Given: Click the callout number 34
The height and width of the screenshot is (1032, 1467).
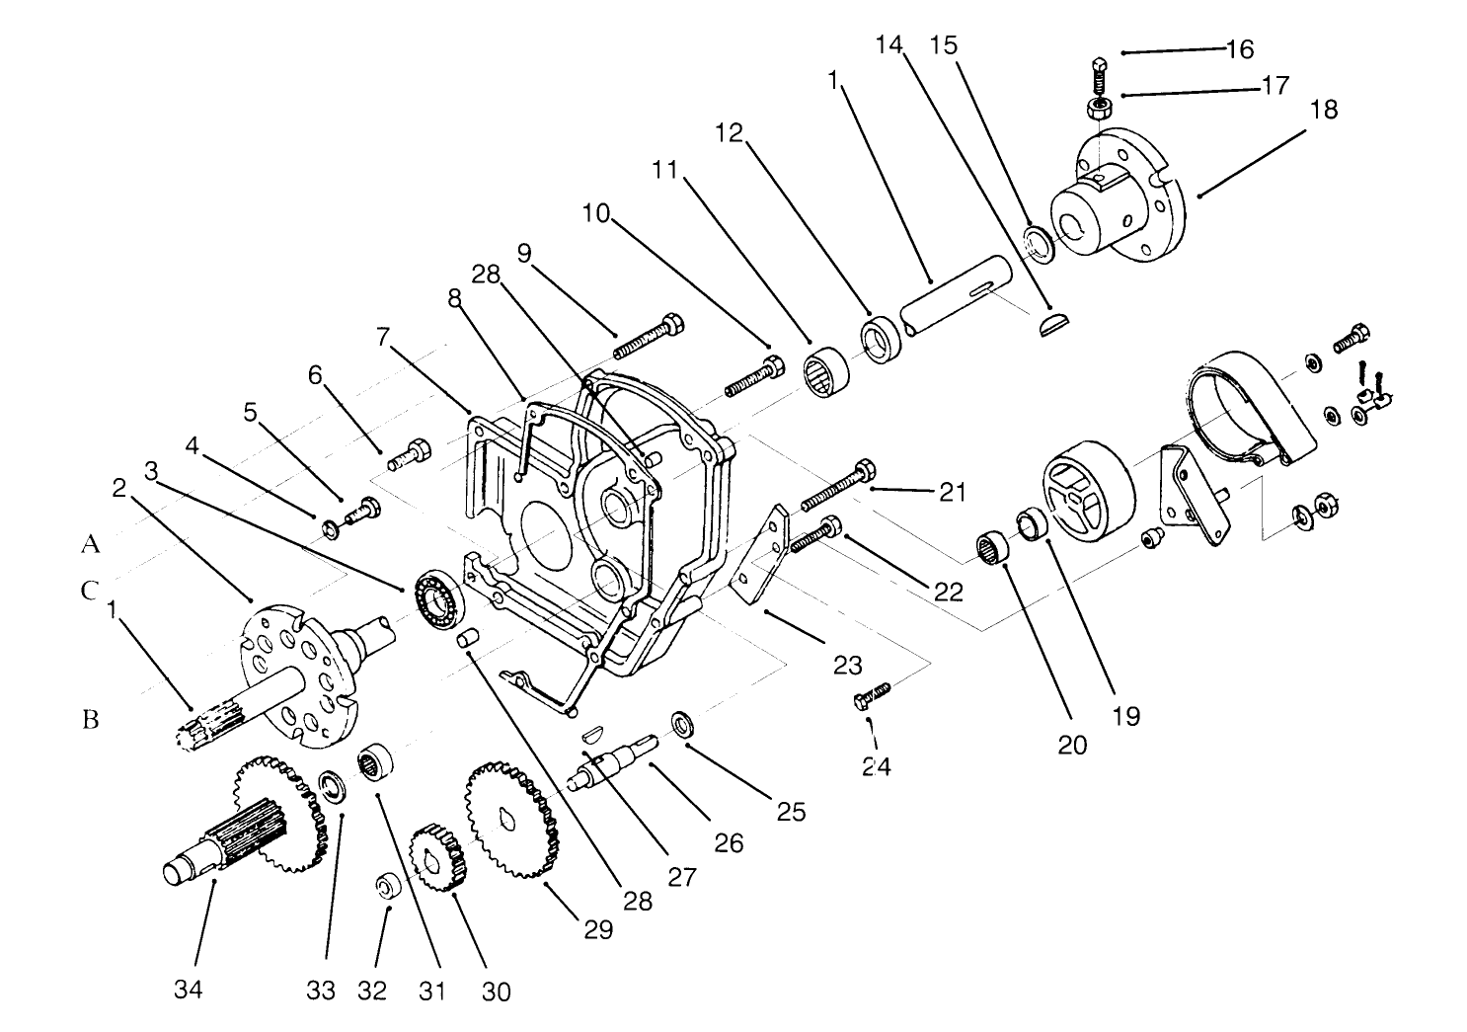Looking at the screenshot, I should [188, 988].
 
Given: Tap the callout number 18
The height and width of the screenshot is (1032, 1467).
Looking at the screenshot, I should [1323, 110].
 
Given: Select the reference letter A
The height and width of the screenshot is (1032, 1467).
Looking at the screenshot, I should [91, 543].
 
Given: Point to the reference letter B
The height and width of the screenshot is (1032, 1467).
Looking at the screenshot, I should [91, 720].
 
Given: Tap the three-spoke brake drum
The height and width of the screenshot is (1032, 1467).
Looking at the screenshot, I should [1086, 493].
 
